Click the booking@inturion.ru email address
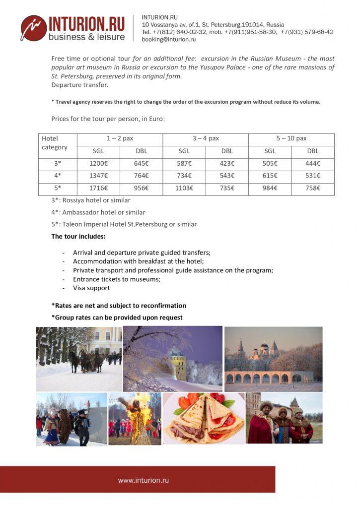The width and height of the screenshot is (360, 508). click(x=169, y=39)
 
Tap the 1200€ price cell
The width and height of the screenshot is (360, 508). click(x=98, y=163)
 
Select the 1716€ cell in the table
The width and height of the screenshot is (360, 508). click(x=98, y=189)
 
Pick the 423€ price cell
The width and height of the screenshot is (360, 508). click(x=227, y=163)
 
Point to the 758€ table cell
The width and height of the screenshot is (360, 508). click(x=313, y=189)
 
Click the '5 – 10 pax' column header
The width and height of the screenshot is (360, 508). click(x=291, y=139)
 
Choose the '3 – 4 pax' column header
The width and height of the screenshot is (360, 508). click(x=206, y=139)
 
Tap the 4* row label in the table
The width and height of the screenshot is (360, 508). click(x=58, y=176)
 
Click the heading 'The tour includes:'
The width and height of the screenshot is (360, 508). click(x=78, y=237)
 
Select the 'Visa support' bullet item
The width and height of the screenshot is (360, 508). click(x=91, y=288)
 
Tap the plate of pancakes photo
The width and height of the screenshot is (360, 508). click(x=204, y=418)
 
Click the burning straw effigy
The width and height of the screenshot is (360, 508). click(x=135, y=418)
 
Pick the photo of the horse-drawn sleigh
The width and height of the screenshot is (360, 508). click(x=79, y=358)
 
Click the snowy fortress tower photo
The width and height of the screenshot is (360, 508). click(x=173, y=359)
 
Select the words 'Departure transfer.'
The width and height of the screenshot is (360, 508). click(x=80, y=85)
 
